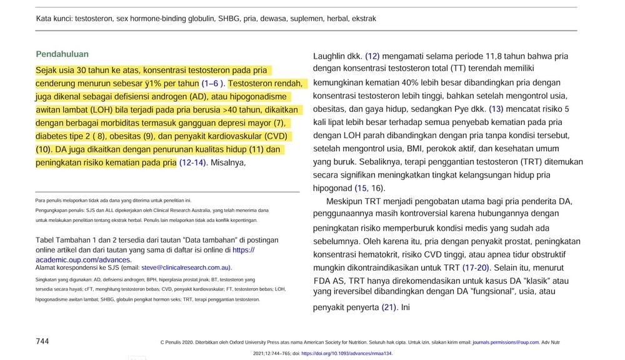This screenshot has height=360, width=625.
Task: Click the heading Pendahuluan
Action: (62, 54)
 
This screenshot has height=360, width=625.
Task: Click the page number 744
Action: (42, 341)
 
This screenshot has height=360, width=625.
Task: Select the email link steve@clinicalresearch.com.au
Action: (186, 267)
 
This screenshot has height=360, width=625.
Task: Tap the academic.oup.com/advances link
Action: (83, 259)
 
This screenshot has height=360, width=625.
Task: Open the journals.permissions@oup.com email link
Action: (505, 342)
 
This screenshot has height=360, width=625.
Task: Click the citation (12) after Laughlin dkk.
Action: (372, 56)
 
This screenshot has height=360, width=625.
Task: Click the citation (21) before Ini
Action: (389, 307)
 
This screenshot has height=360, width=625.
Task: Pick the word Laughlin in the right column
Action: (329, 56)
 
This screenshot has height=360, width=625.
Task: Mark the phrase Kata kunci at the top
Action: (53, 19)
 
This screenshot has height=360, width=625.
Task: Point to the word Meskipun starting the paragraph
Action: (344, 201)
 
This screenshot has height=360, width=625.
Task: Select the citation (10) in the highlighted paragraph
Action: (43, 150)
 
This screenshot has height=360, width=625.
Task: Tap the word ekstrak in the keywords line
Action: (364, 19)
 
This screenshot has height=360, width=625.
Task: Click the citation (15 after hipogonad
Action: (361, 188)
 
